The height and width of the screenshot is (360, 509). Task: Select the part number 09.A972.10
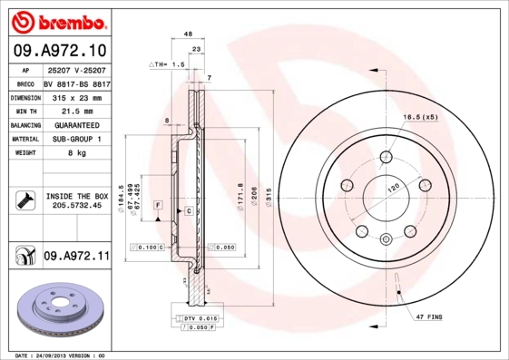[x=60, y=50]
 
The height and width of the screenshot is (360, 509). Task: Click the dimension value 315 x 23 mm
[x=75, y=96]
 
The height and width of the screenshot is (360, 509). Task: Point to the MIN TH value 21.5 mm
[x=75, y=110]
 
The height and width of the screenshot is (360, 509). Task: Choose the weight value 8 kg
[x=75, y=153]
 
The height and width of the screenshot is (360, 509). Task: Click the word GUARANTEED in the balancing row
[x=75, y=124]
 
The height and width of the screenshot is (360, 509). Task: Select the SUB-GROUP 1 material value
[x=75, y=139]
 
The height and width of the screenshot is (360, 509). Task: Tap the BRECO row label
[x=24, y=83]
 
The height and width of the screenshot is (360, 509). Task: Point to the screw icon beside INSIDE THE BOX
[x=25, y=199]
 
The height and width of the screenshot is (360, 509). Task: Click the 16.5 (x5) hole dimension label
[x=420, y=118]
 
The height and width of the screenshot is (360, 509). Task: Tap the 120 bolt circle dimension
[x=394, y=186]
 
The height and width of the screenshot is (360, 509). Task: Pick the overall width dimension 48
[x=188, y=34]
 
